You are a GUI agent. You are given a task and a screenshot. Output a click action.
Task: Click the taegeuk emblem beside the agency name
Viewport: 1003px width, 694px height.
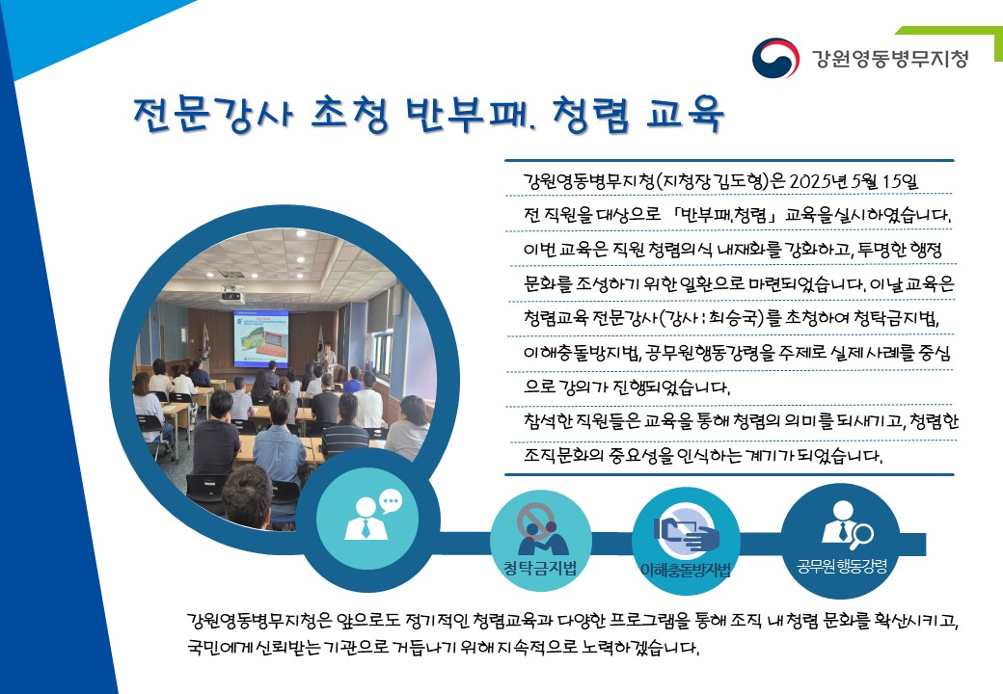click(x=775, y=58)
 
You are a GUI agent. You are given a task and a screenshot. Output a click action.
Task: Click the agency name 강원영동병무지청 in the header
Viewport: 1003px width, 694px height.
click(x=890, y=58)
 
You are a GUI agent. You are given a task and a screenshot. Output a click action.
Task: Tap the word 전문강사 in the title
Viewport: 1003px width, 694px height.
click(x=214, y=115)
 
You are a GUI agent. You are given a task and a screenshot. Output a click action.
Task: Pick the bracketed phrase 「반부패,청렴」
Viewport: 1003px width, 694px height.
click(x=724, y=215)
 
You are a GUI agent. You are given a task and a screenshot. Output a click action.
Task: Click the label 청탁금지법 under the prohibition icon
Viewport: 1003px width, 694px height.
click(x=540, y=568)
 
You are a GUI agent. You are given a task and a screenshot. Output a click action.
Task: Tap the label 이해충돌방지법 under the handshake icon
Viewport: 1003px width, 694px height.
click(x=685, y=570)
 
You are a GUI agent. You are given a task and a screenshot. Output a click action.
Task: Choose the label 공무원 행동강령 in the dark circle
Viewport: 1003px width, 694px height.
click(x=842, y=566)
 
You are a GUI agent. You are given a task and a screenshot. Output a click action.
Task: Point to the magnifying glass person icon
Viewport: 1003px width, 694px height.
click(x=847, y=525)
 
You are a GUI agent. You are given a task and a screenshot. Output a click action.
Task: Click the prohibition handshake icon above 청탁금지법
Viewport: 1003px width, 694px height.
click(x=542, y=529)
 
